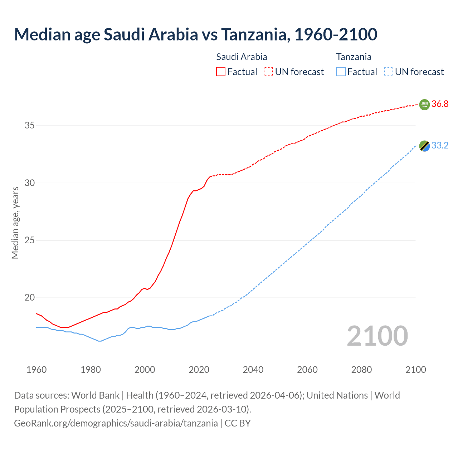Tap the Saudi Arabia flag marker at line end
click(424, 104)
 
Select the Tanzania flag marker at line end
click(424, 146)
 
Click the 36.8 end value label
click(440, 104)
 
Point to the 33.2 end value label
click(440, 146)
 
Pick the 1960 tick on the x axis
click(36, 370)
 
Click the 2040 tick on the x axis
click(253, 370)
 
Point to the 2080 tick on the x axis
click(361, 370)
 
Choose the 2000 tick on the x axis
click(145, 370)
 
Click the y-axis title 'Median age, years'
click(15, 223)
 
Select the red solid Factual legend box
click(221, 72)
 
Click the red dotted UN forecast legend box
click(268, 72)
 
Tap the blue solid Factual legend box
click(341, 72)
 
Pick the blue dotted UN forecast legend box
click(388, 72)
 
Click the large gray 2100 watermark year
click(377, 336)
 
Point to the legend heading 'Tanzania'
click(354, 57)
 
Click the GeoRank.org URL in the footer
click(116, 423)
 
